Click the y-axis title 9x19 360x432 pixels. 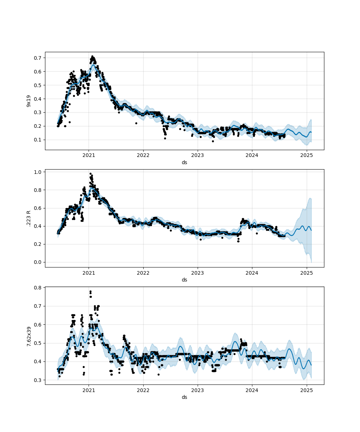(x=28, y=101)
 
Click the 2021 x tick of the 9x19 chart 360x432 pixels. (x=89, y=156)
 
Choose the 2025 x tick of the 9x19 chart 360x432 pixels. (x=306, y=156)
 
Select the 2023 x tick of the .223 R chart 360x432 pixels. (x=198, y=273)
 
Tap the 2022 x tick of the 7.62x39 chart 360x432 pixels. (x=143, y=390)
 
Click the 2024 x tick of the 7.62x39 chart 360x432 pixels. (x=252, y=390)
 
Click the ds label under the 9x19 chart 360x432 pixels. (x=184, y=162)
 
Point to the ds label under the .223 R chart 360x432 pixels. (x=184, y=280)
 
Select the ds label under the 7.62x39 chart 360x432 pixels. (x=184, y=397)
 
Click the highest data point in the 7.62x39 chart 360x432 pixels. (x=90, y=291)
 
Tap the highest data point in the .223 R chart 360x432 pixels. (x=90, y=174)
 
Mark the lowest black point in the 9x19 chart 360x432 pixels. (x=213, y=141)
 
